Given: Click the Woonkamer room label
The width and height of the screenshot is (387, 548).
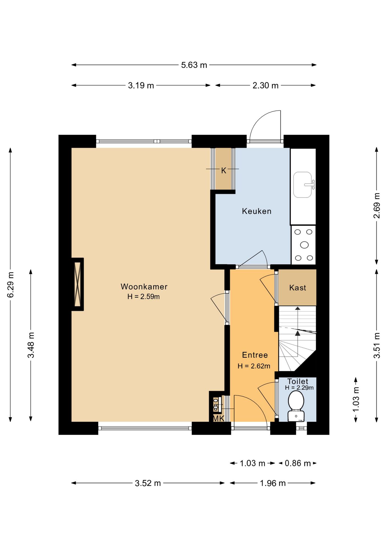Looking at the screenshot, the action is tap(144, 287).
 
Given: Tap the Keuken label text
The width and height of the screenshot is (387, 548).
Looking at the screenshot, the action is tap(256, 211).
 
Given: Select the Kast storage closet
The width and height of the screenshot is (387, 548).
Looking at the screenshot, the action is tap(297, 287).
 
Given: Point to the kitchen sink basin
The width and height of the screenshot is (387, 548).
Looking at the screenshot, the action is tap(303, 185).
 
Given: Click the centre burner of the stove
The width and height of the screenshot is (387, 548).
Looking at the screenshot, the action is tap(304, 245).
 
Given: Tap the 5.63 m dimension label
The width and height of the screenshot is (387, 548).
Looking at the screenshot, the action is tap(194, 65).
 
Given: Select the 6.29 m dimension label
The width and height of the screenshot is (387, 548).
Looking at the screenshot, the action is tap(11, 285).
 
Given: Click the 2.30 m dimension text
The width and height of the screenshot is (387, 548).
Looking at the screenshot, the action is tap(265, 85).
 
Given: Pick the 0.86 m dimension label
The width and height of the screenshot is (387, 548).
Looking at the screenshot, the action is tap(298, 463).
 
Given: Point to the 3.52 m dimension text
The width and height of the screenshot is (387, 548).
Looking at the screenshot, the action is tap(148, 483).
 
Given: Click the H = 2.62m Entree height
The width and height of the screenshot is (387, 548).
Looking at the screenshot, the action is tap(254, 366).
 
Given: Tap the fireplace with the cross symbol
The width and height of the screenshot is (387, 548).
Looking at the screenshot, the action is tap(78, 284).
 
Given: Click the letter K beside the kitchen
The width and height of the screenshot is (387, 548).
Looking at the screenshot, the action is tap(224, 171).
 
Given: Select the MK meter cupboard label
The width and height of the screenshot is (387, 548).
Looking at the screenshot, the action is tap(219, 418).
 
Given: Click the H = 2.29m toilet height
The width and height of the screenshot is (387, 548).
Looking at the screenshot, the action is tap(299, 388).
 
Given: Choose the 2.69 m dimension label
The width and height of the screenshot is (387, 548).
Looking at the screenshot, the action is tap(377, 205).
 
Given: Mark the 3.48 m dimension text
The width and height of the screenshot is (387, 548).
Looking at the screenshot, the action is tap(31, 345).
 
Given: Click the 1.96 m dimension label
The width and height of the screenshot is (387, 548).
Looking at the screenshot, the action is tap(273, 483).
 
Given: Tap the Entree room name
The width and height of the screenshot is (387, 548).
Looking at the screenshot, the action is tap(255, 355).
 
